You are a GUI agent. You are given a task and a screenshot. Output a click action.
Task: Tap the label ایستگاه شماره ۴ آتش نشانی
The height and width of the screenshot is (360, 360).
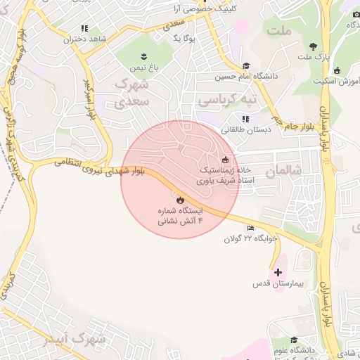[179, 215]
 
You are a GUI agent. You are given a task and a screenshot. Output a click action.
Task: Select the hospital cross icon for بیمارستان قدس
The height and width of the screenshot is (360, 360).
[278, 272]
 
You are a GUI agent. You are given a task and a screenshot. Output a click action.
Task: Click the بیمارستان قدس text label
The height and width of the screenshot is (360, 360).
[278, 284]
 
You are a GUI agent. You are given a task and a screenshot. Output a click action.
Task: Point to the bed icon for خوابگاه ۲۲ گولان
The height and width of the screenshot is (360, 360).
[252, 228]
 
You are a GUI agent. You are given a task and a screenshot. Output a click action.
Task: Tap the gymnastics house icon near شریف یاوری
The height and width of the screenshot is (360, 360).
[224, 159]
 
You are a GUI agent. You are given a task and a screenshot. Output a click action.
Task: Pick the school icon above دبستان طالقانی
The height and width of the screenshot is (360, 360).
[245, 118]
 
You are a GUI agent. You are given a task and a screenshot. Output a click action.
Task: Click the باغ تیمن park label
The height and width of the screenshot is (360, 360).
[143, 67]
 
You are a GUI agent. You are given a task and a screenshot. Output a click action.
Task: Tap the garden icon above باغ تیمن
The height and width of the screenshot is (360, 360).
[143, 56]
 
